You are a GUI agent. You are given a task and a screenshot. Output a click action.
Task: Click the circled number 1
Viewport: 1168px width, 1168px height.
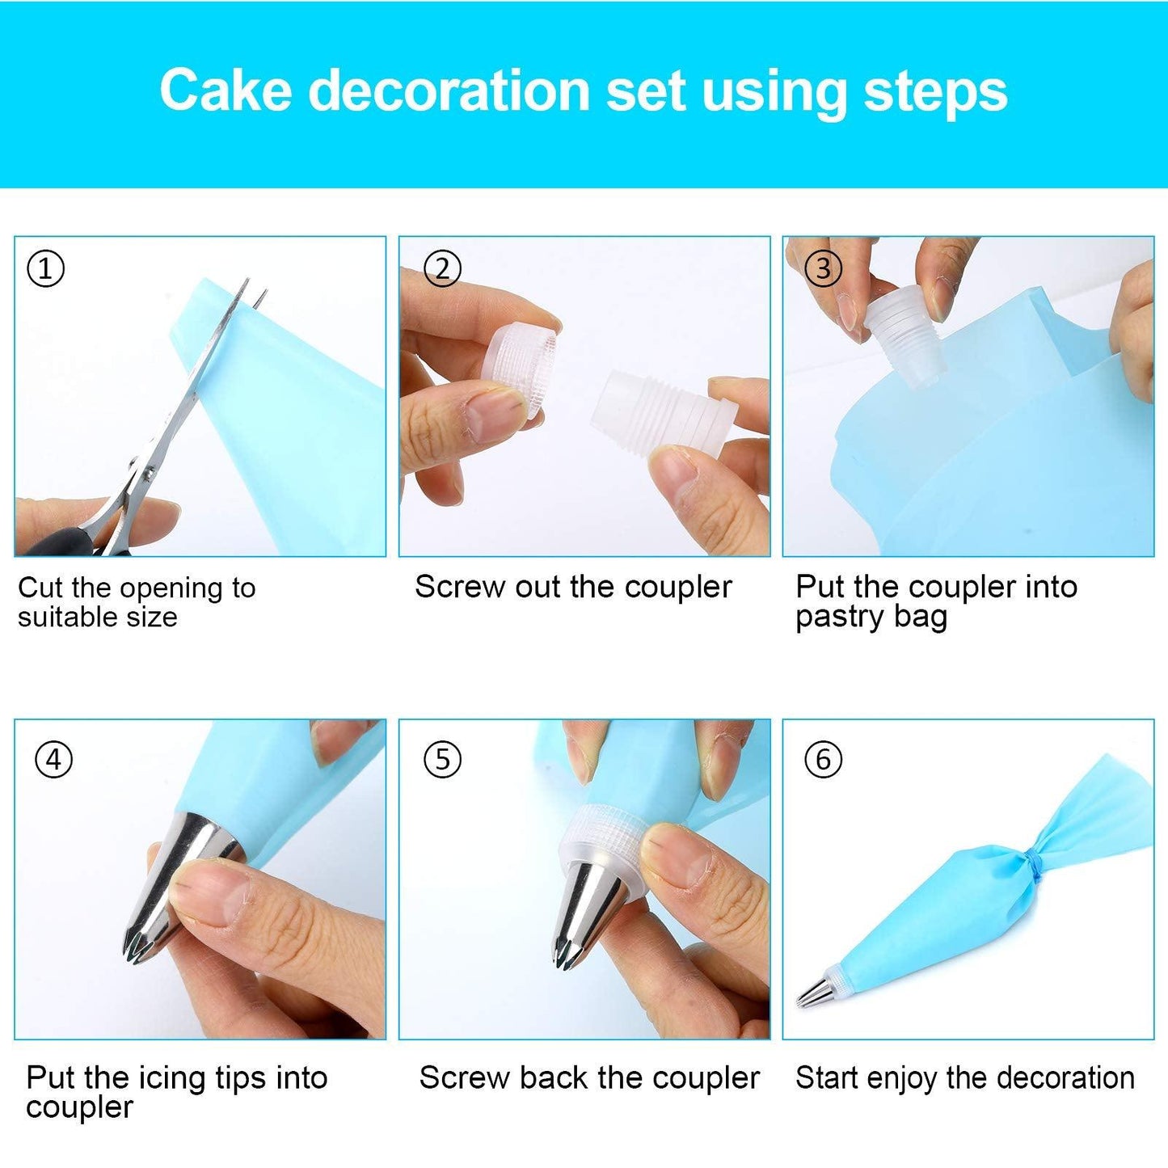[x=46, y=268]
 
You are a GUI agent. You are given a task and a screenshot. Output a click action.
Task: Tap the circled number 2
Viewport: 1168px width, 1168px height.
[x=442, y=268]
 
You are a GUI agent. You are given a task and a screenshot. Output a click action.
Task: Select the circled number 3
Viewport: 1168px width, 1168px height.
[x=823, y=268]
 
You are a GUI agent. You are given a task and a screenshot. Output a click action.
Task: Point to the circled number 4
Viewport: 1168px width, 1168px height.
[x=53, y=760]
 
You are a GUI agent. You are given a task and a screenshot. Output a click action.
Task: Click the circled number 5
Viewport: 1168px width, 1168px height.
[x=442, y=760]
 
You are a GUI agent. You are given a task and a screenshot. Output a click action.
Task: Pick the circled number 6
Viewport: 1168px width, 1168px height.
[x=823, y=760]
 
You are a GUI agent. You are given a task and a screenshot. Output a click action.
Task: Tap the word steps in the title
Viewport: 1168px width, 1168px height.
[x=935, y=91]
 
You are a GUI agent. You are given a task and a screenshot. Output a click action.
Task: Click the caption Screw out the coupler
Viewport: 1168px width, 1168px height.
[x=573, y=587]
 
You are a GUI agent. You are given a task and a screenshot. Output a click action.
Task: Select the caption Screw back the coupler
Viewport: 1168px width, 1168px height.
[x=589, y=1077]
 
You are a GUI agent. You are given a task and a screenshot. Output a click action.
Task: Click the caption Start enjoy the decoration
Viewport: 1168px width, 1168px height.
[x=965, y=1077]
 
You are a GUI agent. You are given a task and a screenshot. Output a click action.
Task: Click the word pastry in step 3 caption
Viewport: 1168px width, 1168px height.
[x=840, y=618]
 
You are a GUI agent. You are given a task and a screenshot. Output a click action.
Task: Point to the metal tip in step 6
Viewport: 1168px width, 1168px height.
[x=812, y=993]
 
